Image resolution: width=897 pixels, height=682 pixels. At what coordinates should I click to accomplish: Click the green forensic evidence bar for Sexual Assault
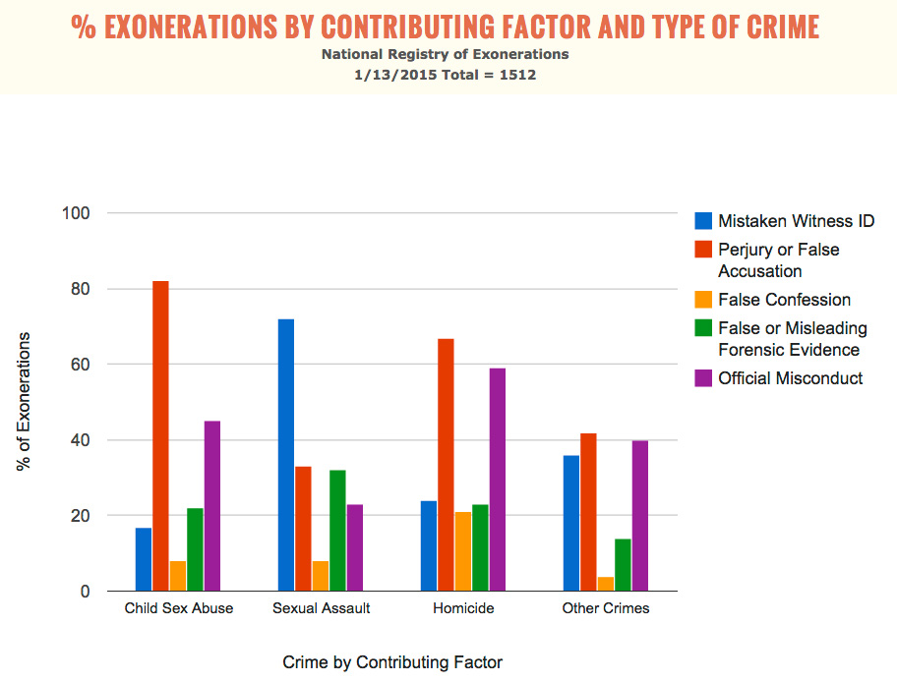[337, 531]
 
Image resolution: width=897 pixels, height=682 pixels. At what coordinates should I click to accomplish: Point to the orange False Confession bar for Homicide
[462, 551]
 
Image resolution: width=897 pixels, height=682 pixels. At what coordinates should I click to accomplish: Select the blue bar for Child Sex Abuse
[144, 559]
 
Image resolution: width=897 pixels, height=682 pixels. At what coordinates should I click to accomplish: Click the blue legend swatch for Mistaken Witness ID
[703, 221]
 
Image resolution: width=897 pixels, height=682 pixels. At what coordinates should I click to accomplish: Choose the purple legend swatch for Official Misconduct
[703, 378]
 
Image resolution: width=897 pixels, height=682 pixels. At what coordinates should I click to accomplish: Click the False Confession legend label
[784, 300]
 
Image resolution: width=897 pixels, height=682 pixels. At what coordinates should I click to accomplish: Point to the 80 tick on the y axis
[79, 289]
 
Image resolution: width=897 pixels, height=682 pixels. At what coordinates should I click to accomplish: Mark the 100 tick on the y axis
[75, 213]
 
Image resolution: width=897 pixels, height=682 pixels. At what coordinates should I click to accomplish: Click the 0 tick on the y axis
[84, 592]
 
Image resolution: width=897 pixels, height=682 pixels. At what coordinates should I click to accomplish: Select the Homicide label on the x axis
[463, 608]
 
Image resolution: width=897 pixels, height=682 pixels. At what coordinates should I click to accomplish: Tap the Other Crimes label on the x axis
[606, 608]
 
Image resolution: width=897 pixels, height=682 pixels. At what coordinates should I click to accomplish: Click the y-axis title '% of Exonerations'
[25, 401]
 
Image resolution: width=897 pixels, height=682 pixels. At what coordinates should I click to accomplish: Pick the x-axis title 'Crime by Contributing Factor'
[392, 662]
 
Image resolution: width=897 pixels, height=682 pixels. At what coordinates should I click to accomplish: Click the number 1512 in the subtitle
[516, 74]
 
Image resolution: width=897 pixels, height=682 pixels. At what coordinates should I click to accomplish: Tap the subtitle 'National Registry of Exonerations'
[445, 54]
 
